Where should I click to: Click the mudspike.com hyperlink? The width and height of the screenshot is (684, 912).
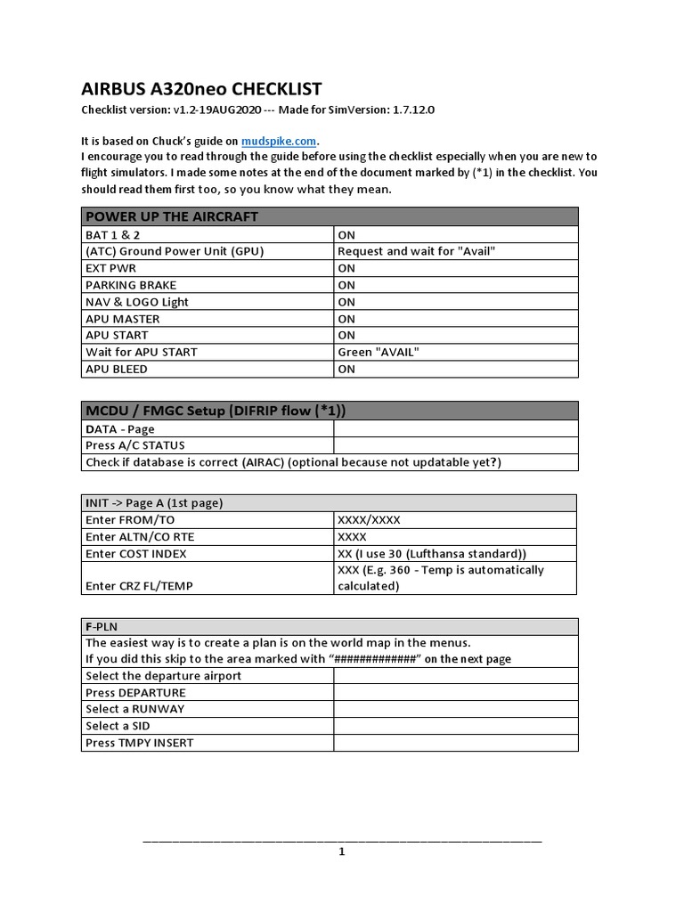pyautogui.click(x=279, y=141)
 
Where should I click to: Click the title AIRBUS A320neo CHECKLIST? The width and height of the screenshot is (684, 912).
pyautogui.click(x=201, y=88)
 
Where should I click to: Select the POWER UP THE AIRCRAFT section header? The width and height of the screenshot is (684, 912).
pyautogui.click(x=171, y=216)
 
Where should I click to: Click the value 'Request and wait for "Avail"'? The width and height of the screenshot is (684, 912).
pyautogui.click(x=416, y=251)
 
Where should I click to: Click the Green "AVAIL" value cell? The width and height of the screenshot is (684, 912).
pyautogui.click(x=378, y=352)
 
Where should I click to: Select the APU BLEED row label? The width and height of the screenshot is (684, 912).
pyautogui.click(x=117, y=369)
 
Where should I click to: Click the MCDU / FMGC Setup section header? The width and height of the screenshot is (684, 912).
pyautogui.click(x=216, y=411)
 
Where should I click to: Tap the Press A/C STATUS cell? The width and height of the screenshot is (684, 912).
pyautogui.click(x=135, y=445)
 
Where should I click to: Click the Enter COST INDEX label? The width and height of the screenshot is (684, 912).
pyautogui.click(x=136, y=554)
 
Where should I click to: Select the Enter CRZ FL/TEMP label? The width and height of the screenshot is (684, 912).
pyautogui.click(x=141, y=585)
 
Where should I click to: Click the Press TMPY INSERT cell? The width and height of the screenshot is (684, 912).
pyautogui.click(x=140, y=743)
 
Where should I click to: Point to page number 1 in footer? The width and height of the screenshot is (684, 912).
pyautogui.click(x=341, y=851)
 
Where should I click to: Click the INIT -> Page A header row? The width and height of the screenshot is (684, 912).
pyautogui.click(x=154, y=503)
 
